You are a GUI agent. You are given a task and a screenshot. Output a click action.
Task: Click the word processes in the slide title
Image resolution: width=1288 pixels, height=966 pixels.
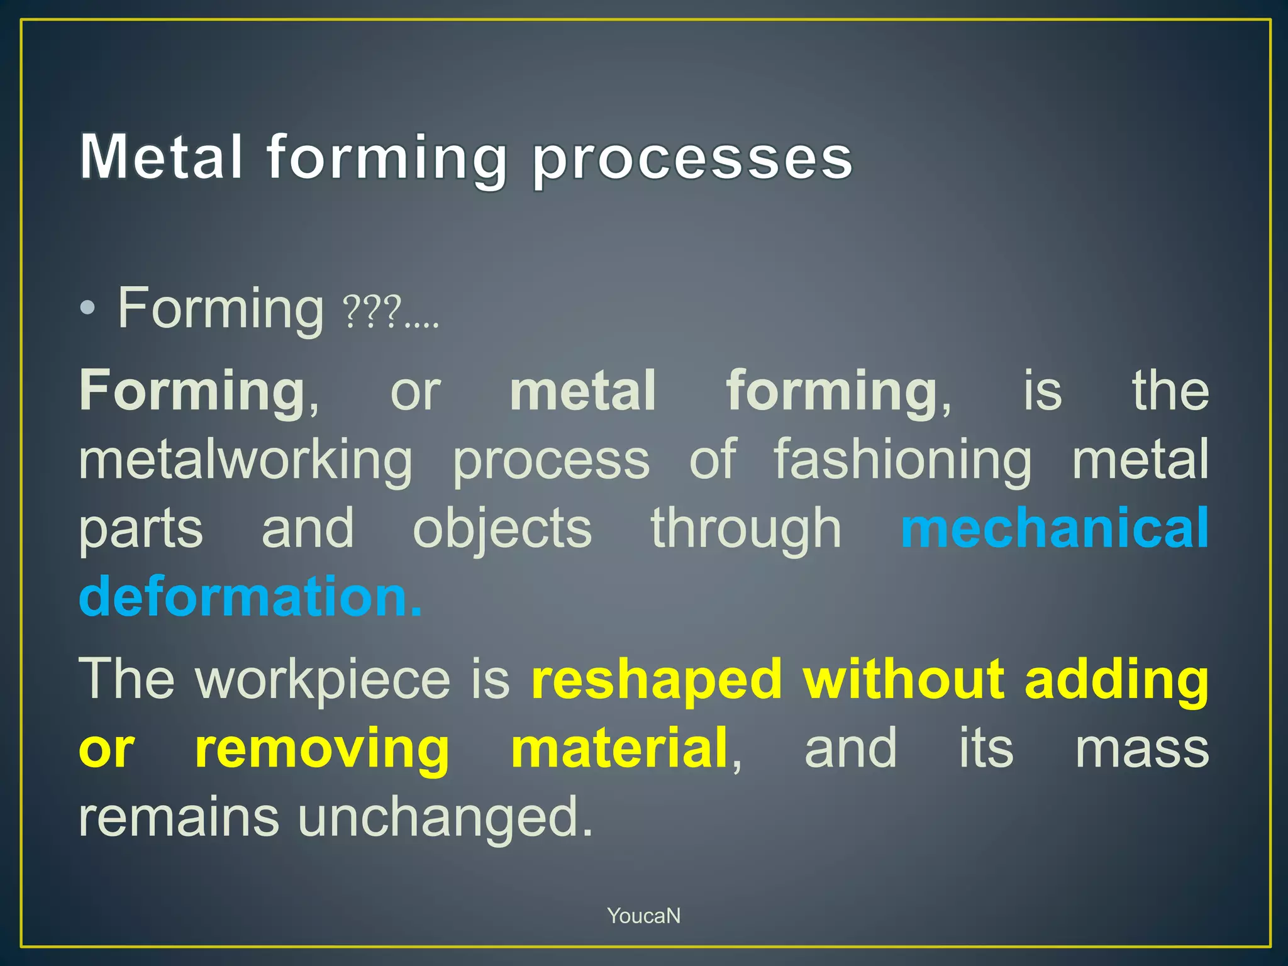click(x=692, y=158)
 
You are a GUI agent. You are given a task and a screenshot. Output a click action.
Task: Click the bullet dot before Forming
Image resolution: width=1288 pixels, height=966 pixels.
click(x=88, y=308)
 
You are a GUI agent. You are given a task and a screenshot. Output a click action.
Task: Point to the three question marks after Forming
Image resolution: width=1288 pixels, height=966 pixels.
click(x=372, y=312)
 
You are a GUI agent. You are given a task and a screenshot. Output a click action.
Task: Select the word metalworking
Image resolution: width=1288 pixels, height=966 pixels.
click(x=245, y=460)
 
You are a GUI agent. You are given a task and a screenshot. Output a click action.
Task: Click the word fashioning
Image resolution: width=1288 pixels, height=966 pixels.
click(x=902, y=460)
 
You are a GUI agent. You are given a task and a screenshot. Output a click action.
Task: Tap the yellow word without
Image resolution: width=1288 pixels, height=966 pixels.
click(x=903, y=678)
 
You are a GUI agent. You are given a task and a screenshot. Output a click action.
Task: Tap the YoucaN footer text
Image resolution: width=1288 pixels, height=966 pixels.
click(x=643, y=916)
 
